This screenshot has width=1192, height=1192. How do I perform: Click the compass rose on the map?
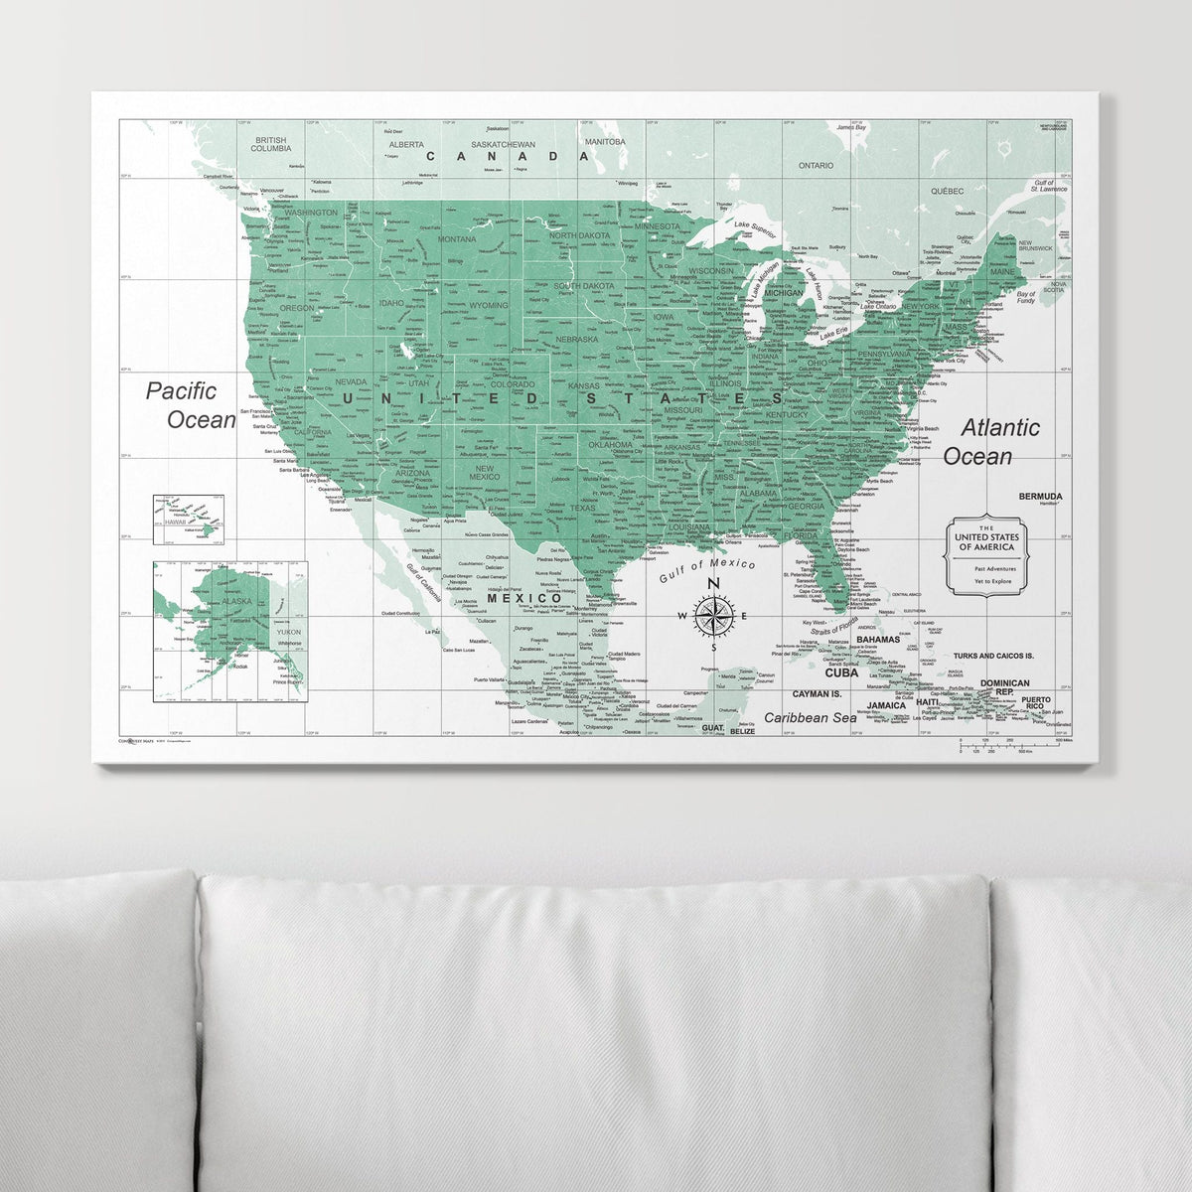pyautogui.click(x=712, y=616)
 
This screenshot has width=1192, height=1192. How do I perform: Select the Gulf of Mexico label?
pyautogui.click(x=706, y=571)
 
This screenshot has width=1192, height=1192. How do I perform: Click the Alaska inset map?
pyautogui.click(x=230, y=631)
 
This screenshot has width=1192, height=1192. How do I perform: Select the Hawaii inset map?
pyautogui.click(x=187, y=520)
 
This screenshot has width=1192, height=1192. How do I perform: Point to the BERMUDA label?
pyautogui.click(x=1040, y=496)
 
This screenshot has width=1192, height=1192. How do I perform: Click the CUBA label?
pyautogui.click(x=840, y=672)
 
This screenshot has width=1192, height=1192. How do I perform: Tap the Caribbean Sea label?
pyautogui.click(x=810, y=717)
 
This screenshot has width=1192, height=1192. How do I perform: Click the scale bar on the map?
pyautogui.click(x=1011, y=745)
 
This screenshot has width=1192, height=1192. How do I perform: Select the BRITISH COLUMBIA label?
pyautogui.click(x=270, y=144)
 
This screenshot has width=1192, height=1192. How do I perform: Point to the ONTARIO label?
pyautogui.click(x=816, y=166)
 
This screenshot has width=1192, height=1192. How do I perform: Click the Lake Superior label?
pyautogui.click(x=755, y=229)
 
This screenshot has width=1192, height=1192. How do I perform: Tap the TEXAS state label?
pyautogui.click(x=582, y=509)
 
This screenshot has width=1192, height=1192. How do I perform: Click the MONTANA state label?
pyautogui.click(x=457, y=239)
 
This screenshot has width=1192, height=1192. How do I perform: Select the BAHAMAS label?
pyautogui.click(x=877, y=639)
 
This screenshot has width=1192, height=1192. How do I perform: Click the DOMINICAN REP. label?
pyautogui.click(x=1004, y=687)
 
